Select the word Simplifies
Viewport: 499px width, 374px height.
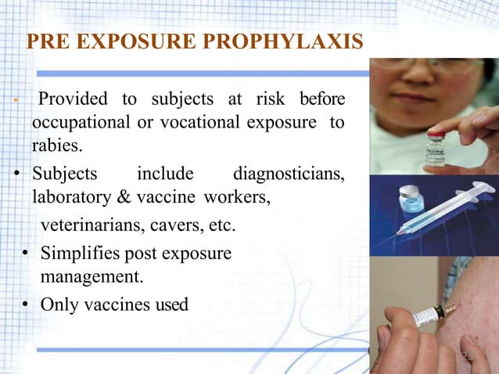(x=81, y=254)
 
